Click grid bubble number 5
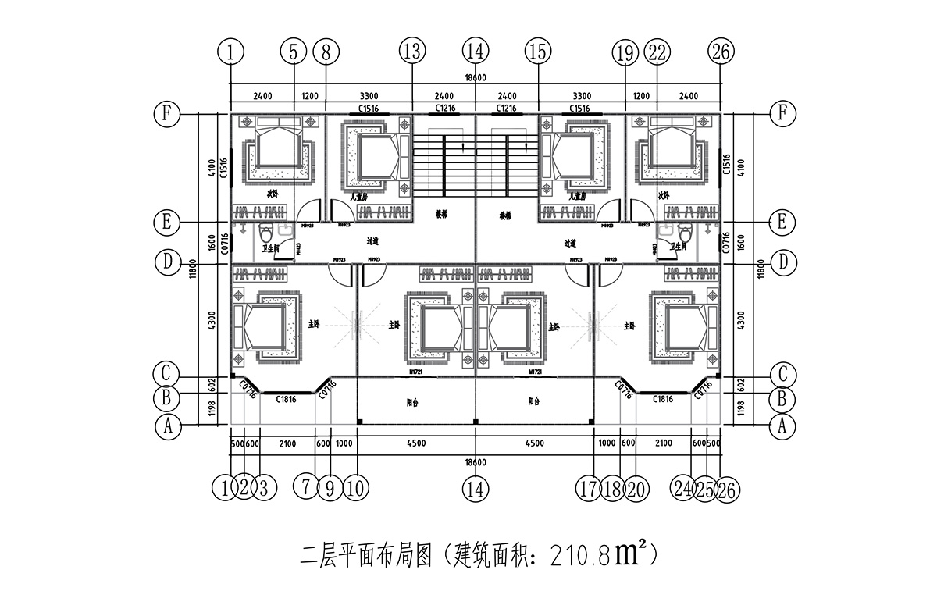(x=293, y=52)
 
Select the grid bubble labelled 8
(x=326, y=52)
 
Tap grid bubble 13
(x=412, y=52)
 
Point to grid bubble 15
(x=537, y=52)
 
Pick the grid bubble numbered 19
(x=625, y=52)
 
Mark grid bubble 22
(x=657, y=52)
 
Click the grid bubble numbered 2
(x=244, y=489)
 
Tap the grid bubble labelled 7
(x=306, y=489)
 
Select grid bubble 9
(x=330, y=489)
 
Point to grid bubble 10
(x=355, y=489)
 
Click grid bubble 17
(x=591, y=489)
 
